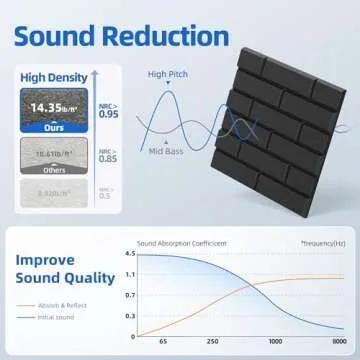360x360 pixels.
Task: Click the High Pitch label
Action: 167,75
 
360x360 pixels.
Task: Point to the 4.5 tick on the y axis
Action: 129,253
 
